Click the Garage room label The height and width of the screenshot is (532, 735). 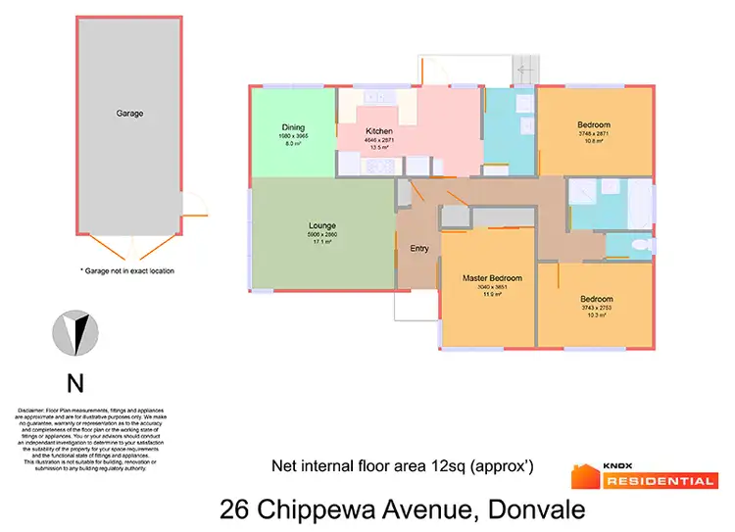129,114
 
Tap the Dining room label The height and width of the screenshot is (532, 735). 293,126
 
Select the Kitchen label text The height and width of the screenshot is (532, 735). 379,131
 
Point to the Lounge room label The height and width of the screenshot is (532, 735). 322,224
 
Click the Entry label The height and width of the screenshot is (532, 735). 419,249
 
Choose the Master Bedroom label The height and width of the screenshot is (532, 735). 492,278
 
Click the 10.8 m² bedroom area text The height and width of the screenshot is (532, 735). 594,141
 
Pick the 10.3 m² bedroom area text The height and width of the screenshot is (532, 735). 596,315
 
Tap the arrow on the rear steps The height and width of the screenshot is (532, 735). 526,70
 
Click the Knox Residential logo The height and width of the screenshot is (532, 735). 644,476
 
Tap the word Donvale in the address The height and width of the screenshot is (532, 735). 537,509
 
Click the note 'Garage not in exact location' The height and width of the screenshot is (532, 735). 126,270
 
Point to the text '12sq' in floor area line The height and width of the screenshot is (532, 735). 449,466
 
